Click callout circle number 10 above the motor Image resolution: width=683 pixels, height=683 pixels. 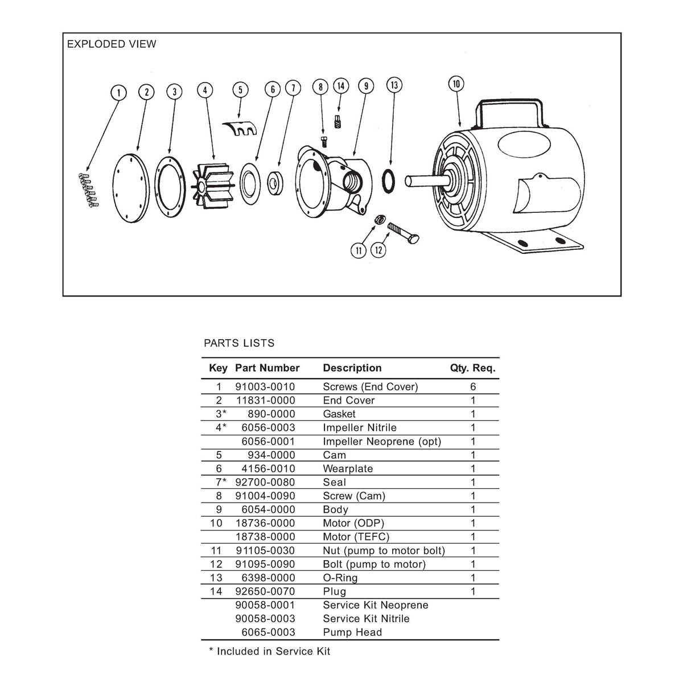click(x=456, y=84)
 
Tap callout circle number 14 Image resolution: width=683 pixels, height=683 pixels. click(x=340, y=86)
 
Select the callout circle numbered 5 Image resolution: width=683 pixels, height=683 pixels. click(x=240, y=90)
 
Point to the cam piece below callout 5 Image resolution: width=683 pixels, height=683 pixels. click(x=240, y=129)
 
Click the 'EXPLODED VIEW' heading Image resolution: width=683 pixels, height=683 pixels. click(x=112, y=44)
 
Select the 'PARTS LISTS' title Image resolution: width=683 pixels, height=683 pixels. click(x=239, y=343)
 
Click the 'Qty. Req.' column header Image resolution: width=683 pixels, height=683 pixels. click(x=472, y=368)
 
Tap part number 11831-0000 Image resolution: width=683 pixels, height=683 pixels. click(x=266, y=400)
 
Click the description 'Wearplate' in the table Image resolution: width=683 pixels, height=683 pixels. click(x=348, y=468)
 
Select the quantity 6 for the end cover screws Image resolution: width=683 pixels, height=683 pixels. click(x=473, y=386)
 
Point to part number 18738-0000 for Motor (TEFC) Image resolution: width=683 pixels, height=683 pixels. click(x=266, y=537)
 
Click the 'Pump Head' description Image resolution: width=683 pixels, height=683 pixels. click(x=352, y=632)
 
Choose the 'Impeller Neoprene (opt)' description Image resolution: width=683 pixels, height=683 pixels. click(x=382, y=441)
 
